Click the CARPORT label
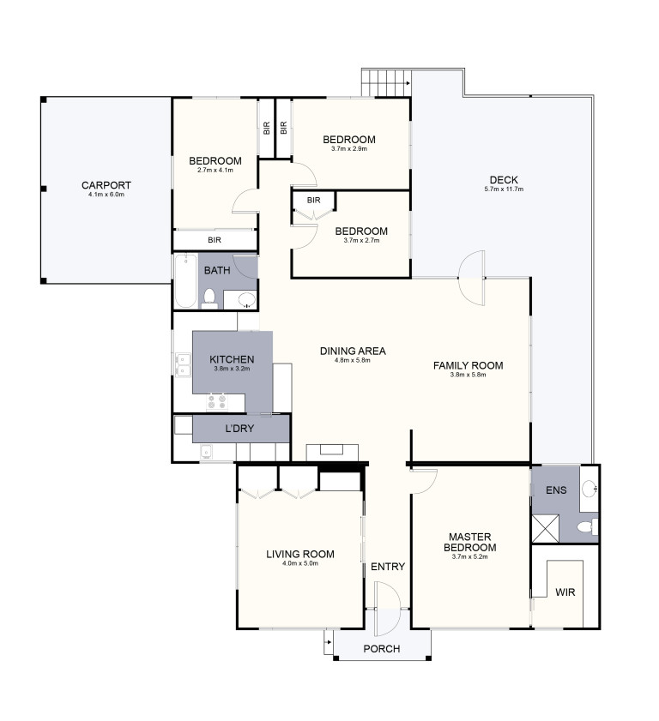[x=106, y=185]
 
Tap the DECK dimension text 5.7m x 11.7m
[x=504, y=189]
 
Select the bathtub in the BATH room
[x=185, y=280]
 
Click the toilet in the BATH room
[x=209, y=298]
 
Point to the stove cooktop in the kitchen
[x=217, y=401]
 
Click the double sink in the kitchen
[x=183, y=364]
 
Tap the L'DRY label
[x=239, y=429]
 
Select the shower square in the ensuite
[x=546, y=528]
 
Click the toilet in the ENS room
[x=588, y=526]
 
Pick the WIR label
[x=565, y=592]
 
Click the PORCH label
[x=382, y=649]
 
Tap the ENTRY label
[x=388, y=567]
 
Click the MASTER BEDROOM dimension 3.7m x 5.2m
[x=470, y=557]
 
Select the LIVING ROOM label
[x=300, y=554]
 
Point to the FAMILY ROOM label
[x=468, y=365]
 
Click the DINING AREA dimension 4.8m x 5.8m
[x=353, y=360]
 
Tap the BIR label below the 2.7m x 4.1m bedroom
[x=215, y=240]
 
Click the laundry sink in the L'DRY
[x=207, y=452]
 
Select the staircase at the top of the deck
[x=385, y=83]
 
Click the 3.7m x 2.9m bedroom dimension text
[x=349, y=148]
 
